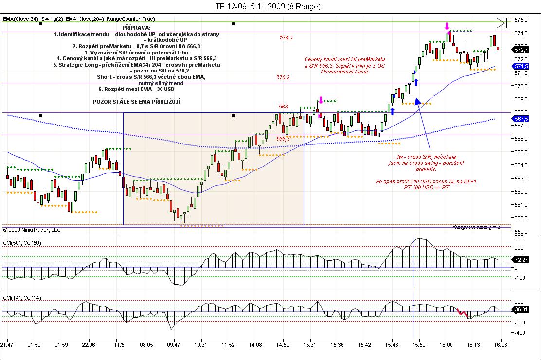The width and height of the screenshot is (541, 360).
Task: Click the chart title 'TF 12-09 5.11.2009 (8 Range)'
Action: pyautogui.click(x=268, y=7)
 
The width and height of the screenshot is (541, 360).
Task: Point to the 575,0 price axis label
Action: pyautogui.click(x=522, y=20)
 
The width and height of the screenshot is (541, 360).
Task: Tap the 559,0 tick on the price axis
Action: pyautogui.click(x=522, y=231)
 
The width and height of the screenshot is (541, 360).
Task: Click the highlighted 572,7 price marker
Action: pyautogui.click(x=522, y=50)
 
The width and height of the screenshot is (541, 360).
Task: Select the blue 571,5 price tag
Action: pyautogui.click(x=522, y=66)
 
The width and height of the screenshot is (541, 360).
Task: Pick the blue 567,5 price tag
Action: pyautogui.click(x=522, y=119)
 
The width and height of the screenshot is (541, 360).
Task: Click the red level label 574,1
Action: pyautogui.click(x=286, y=37)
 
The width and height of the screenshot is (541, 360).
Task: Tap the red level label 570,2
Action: pyautogui.click(x=283, y=77)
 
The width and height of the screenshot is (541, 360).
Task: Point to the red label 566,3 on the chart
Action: pyautogui.click(x=283, y=139)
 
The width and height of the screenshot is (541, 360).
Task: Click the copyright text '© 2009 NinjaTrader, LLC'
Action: pyautogui.click(x=32, y=230)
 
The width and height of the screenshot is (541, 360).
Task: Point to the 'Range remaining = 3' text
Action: pyautogui.click(x=476, y=227)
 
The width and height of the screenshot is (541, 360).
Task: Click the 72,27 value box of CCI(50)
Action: pyautogui.click(x=522, y=260)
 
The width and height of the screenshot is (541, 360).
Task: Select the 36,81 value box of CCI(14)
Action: pyautogui.click(x=522, y=309)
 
